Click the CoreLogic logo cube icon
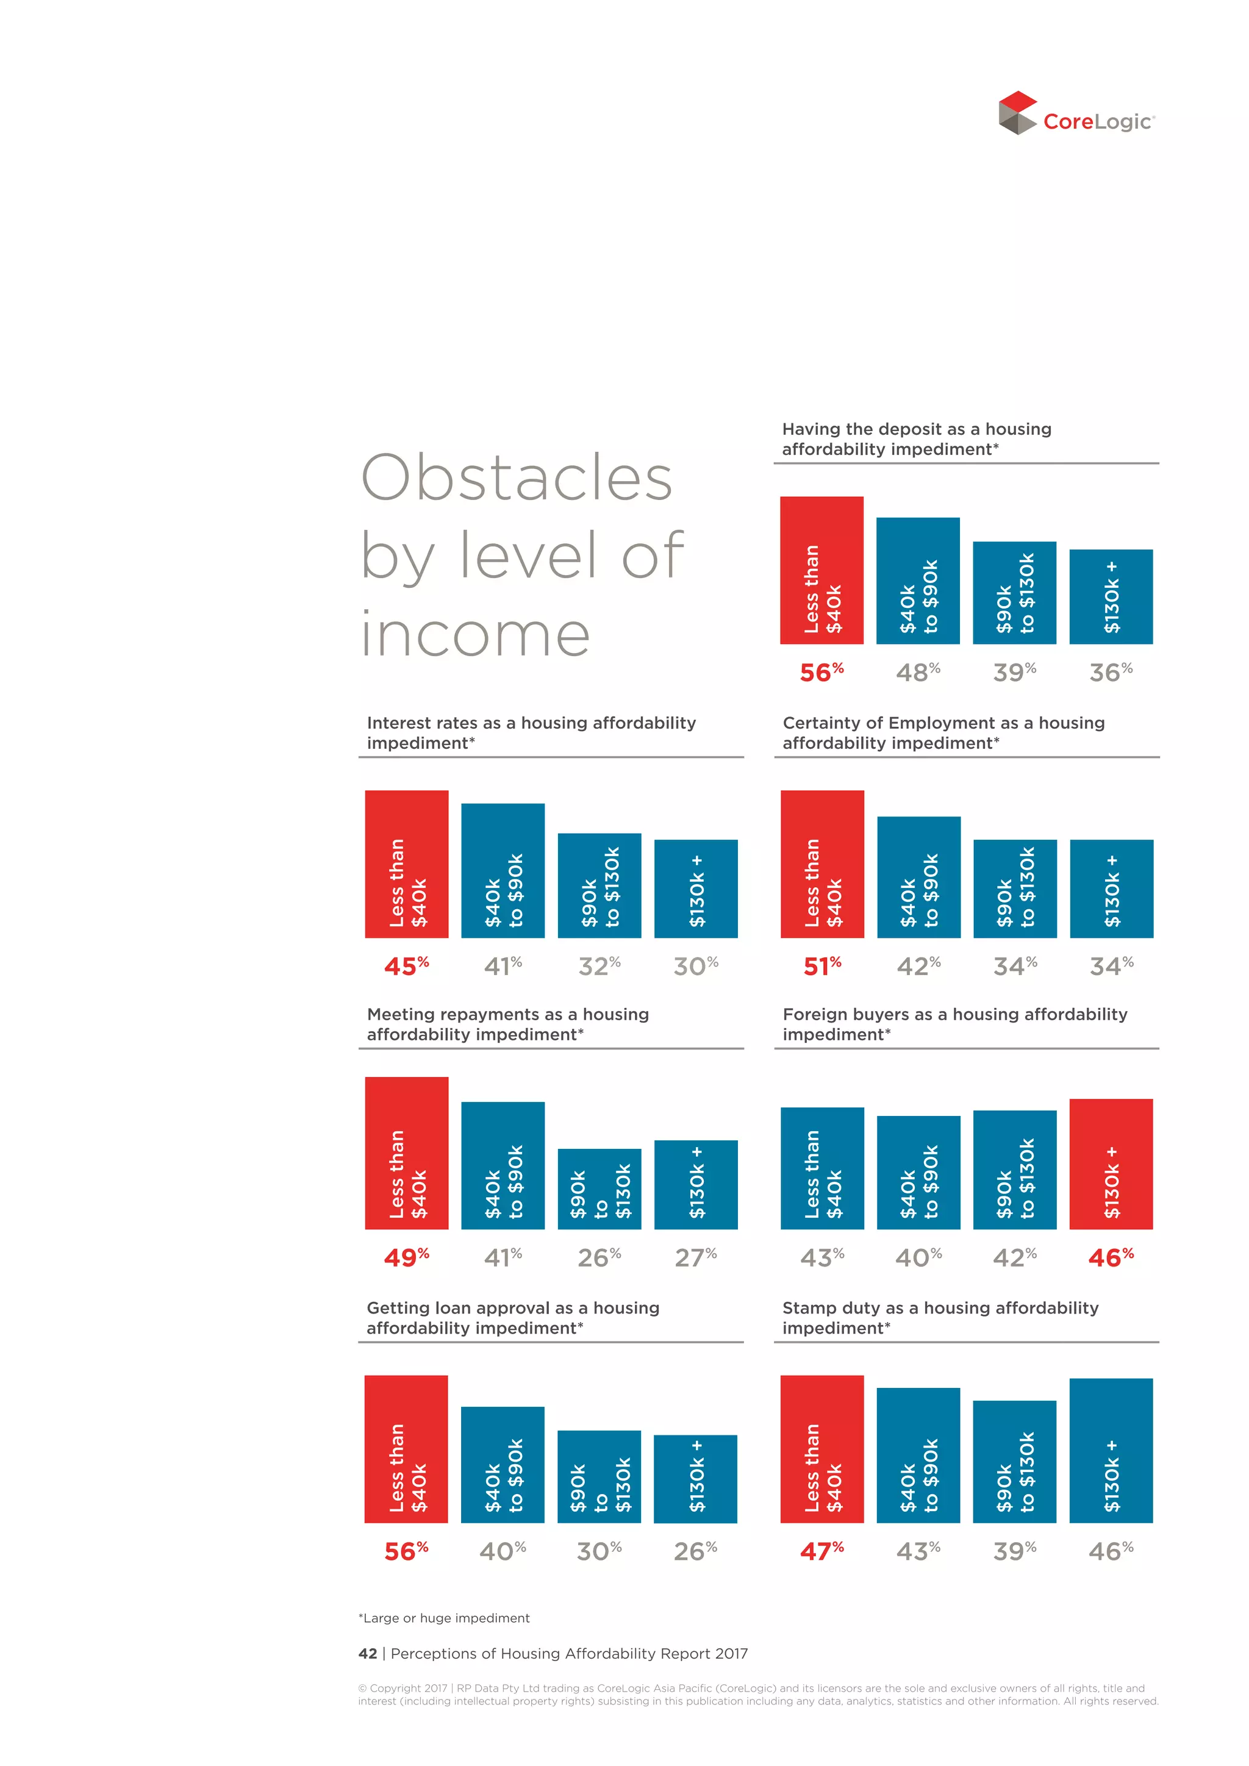[x=1017, y=113]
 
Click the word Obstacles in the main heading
[x=517, y=479]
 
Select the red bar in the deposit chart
[x=821, y=570]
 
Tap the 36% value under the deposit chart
[x=1111, y=672]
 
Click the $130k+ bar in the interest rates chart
[x=695, y=888]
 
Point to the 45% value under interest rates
[x=406, y=966]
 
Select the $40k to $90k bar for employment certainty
[x=918, y=877]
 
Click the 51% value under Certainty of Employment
[x=822, y=966]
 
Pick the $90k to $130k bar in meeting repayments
[x=599, y=1189]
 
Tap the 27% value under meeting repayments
[x=695, y=1257]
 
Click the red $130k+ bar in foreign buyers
[x=1111, y=1164]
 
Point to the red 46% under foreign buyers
[x=1111, y=1257]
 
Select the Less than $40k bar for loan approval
[x=406, y=1449]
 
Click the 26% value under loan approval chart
[x=695, y=1551]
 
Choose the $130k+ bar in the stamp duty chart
[x=1111, y=1451]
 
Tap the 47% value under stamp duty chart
[x=821, y=1551]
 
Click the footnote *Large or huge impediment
[x=444, y=1618]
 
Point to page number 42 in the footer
[x=368, y=1654]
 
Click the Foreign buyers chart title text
[x=954, y=1015]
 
